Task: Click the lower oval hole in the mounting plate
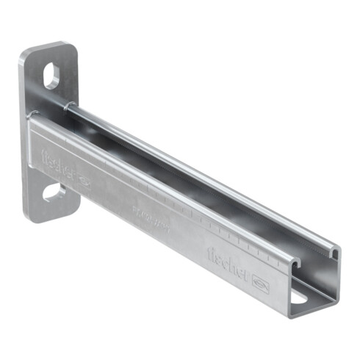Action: point(54,192)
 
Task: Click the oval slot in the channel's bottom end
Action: point(302,298)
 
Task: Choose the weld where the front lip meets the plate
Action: point(32,118)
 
